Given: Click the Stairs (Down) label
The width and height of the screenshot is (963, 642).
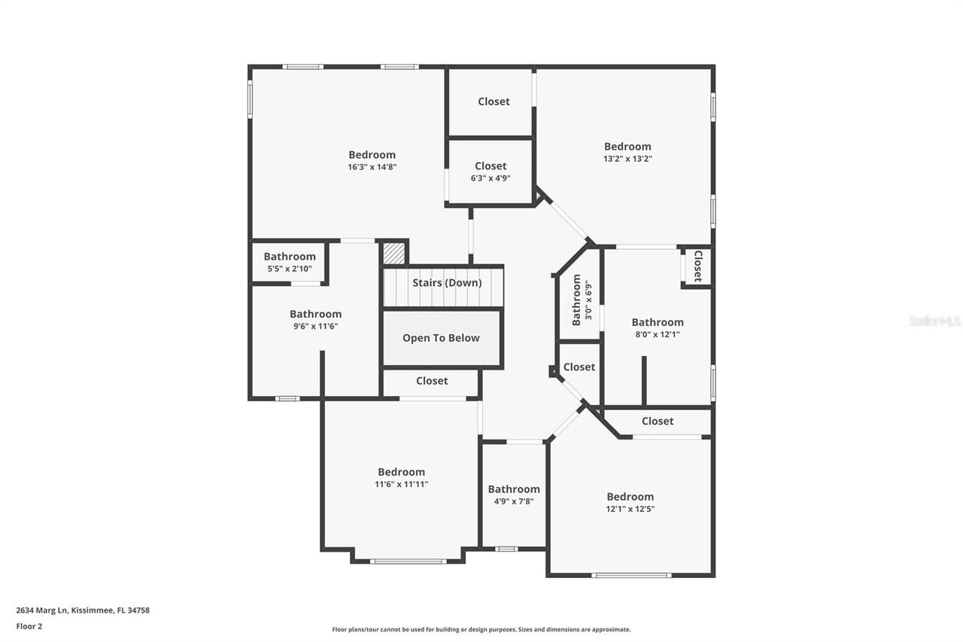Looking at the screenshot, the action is coord(447,283).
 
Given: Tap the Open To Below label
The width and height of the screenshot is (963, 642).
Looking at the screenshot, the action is coord(441,338).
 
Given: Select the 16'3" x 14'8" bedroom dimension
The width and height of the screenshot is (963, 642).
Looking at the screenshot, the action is coord(372,167).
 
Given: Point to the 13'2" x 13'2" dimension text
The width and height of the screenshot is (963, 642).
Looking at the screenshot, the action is coord(627,159).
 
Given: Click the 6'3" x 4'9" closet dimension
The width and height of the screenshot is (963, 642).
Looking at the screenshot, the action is coord(491,178).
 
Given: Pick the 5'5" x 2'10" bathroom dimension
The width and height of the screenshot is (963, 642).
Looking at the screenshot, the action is coord(290,269).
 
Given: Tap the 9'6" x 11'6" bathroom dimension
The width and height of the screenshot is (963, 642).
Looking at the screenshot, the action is coord(315,327).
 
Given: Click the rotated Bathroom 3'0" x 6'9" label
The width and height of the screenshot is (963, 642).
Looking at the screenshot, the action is coord(582,300).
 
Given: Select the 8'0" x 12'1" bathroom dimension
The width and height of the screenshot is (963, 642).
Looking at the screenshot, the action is coord(658,334).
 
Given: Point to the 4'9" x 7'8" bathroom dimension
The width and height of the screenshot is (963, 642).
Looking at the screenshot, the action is coord(514,501).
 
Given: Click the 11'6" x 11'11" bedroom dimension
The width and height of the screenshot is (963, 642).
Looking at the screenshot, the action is coord(402,484).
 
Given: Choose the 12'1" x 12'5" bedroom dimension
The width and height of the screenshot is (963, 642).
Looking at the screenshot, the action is coord(630,509).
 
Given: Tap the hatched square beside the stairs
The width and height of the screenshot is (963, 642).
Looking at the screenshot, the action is coord(394,254).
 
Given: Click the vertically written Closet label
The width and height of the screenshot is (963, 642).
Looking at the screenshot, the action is coord(698,266).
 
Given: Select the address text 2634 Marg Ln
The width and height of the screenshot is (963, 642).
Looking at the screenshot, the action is coord(41,610).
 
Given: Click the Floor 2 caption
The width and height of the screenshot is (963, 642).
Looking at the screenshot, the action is coord(29,626).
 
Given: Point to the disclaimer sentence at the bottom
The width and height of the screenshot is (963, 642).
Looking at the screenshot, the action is coord(481,629).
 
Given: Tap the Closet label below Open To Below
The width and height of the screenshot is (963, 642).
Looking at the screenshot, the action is coord(432,381).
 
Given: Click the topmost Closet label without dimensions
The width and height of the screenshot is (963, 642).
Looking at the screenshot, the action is coord(494,102).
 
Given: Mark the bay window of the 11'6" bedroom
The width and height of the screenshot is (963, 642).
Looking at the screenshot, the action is coord(408,561).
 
